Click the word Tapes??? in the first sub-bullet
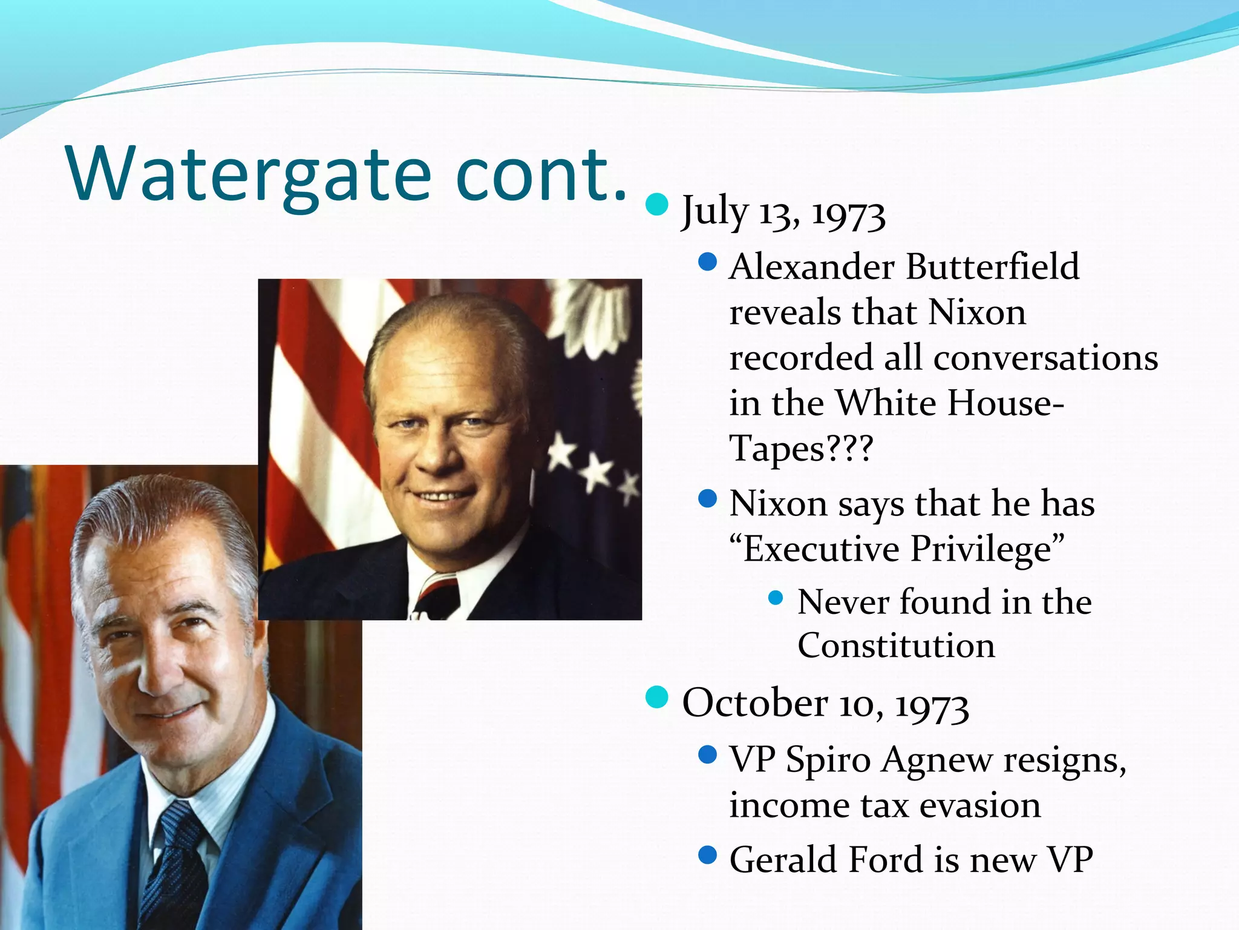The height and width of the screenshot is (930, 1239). pyautogui.click(x=801, y=449)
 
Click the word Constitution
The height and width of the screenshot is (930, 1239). pyautogui.click(x=895, y=645)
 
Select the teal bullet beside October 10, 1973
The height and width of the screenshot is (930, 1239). pyautogui.click(x=656, y=697)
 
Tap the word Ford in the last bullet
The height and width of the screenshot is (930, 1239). pyautogui.click(x=886, y=859)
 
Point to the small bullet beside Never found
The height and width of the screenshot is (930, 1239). pyautogui.click(x=775, y=599)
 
